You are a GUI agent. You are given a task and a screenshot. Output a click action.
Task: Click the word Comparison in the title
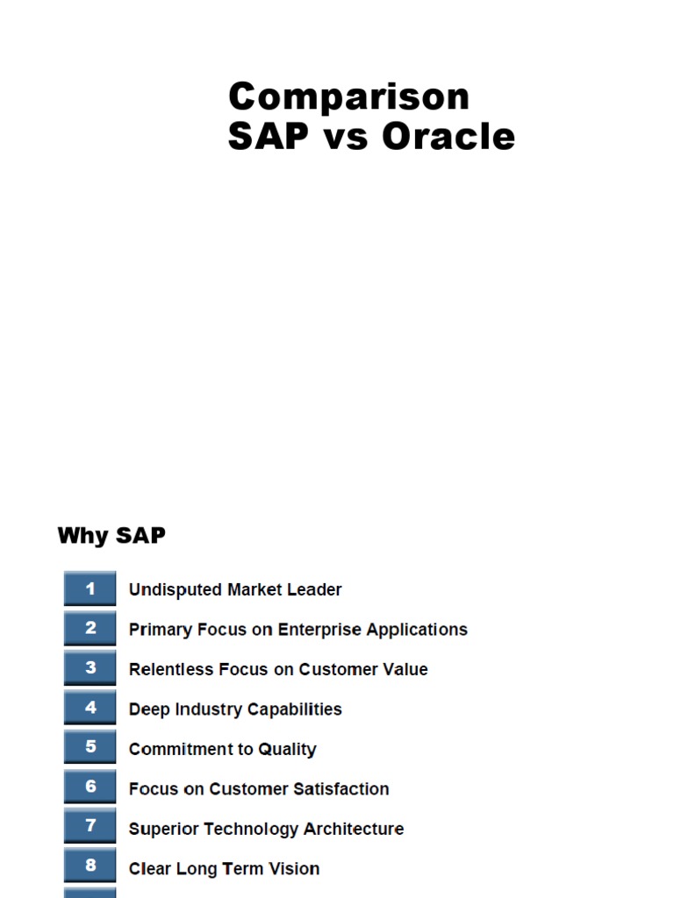point(348,96)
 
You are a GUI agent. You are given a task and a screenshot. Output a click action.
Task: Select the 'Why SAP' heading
point(111,535)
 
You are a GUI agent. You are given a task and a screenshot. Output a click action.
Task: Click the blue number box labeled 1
point(90,588)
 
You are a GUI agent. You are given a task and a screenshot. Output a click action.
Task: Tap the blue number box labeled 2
point(90,628)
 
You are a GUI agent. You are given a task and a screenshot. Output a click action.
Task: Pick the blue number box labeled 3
point(90,668)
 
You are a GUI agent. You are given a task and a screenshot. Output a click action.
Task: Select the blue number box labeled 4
point(90,708)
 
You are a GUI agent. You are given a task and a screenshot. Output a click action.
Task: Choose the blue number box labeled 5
point(90,748)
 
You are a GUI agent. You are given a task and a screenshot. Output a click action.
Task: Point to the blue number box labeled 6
point(90,788)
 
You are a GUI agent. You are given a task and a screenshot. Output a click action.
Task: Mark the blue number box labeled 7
point(90,827)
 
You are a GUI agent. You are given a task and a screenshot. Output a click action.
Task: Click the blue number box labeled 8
point(90,866)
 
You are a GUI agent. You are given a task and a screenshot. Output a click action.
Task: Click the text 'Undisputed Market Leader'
point(235,590)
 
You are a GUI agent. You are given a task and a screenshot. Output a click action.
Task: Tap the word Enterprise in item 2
point(319,630)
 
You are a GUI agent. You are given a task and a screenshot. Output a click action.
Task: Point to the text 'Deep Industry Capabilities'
point(235,709)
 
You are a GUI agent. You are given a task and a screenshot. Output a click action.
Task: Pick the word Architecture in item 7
point(352,829)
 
